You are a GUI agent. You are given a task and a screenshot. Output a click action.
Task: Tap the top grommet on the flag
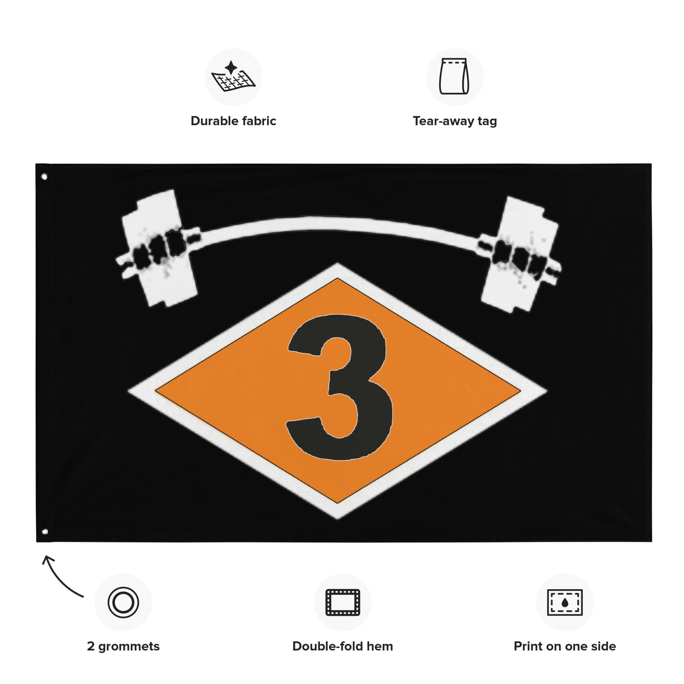pyautogui.click(x=44, y=177)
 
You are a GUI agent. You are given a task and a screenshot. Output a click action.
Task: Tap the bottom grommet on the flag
pyautogui.click(x=44, y=532)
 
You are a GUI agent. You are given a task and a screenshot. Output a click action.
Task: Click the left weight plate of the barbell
pyautogui.click(x=160, y=248)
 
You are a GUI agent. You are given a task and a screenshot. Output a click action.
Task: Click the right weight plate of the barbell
pyautogui.click(x=519, y=254)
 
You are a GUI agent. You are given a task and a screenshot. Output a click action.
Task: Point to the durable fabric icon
pyautogui.click(x=233, y=77)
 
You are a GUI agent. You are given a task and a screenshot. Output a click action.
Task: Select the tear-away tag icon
pyautogui.click(x=454, y=76)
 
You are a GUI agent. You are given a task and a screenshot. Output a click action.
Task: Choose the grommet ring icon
pyautogui.click(x=123, y=603)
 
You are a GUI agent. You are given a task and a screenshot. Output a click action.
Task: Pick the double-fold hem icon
pyautogui.click(x=343, y=602)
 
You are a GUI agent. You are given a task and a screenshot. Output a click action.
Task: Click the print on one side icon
pyautogui.click(x=565, y=603)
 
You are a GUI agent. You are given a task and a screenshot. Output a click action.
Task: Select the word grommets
pyautogui.click(x=128, y=647)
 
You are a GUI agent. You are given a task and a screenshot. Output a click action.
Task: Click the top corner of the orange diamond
pyautogui.click(x=338, y=278)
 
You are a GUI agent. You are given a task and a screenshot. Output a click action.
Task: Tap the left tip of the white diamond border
pyautogui.click(x=128, y=391)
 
